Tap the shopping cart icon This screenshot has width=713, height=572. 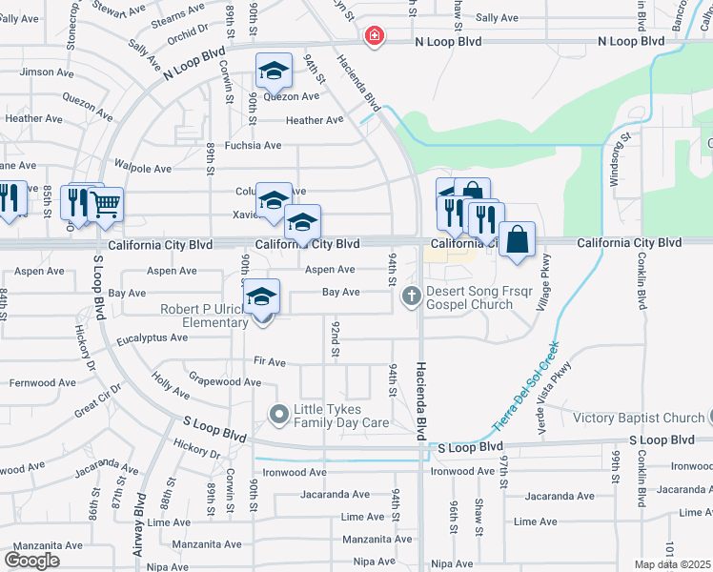tap(106, 202)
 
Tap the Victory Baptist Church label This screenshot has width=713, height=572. tap(639, 418)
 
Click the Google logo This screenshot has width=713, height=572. tap(31, 560)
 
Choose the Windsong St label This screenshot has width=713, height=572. tap(627, 158)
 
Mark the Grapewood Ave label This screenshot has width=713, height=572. tap(224, 382)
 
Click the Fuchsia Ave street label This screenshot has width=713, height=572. tap(253, 145)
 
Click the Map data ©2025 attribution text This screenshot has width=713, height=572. tap(673, 564)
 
